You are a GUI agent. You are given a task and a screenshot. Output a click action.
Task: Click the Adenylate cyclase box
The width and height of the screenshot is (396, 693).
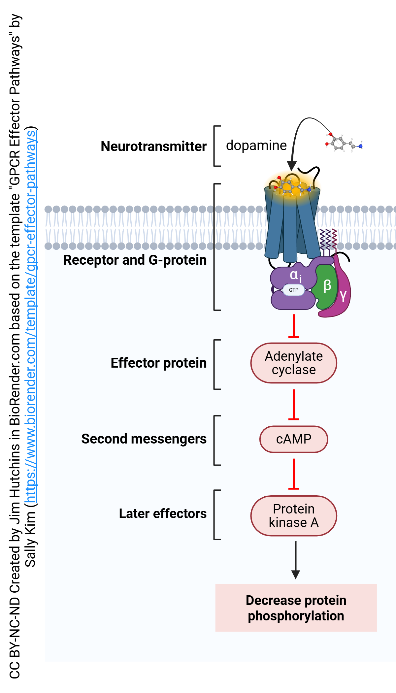point(294,363)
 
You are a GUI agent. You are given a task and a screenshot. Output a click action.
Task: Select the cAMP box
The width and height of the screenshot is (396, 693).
point(294,439)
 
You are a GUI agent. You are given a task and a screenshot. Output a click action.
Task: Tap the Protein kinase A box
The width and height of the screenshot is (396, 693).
point(294,516)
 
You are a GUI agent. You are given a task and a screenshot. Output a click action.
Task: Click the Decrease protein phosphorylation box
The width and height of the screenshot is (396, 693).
point(296,608)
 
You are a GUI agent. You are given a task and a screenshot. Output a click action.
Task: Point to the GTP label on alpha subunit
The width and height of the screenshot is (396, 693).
point(294,290)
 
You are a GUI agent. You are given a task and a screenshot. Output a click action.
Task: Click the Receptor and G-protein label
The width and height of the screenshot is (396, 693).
point(135,260)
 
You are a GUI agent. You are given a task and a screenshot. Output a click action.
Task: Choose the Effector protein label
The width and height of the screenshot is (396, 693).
point(158,363)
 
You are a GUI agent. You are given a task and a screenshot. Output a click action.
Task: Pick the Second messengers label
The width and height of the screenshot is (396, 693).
point(144,439)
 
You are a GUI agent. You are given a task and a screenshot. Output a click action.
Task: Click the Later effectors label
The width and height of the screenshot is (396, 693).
point(163,514)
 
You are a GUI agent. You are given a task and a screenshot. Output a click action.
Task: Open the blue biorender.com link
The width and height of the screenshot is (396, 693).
point(31,317)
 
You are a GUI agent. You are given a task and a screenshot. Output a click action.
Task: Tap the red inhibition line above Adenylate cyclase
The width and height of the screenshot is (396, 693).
point(294,327)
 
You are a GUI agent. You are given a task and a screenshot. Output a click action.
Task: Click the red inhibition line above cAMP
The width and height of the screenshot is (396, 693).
point(294,405)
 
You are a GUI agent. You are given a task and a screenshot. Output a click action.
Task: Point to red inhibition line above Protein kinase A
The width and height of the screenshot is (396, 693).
point(294,474)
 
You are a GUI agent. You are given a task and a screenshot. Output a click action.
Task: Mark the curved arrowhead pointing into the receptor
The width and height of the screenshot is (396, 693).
point(292,165)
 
